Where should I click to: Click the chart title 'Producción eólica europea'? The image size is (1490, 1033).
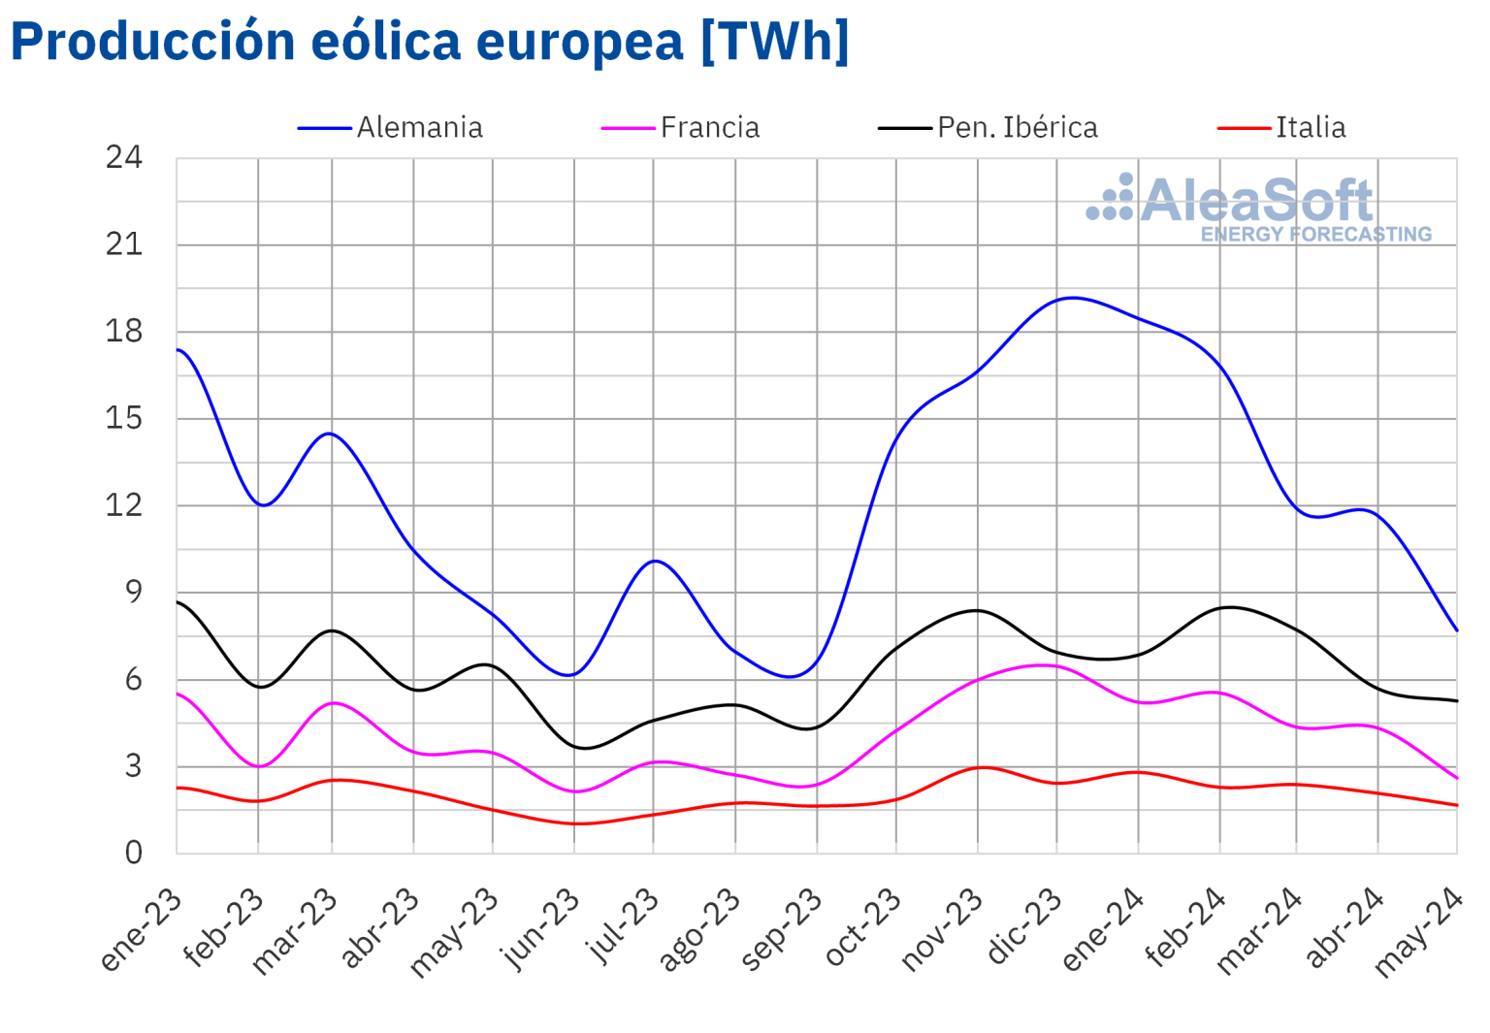[x=429, y=42]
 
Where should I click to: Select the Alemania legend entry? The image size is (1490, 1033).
[x=418, y=128]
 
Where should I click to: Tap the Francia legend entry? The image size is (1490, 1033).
[x=709, y=128]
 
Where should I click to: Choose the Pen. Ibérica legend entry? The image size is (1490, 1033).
[x=1017, y=128]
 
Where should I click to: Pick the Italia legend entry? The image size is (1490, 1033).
[x=1310, y=128]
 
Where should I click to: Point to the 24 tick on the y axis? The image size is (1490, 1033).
[x=124, y=157]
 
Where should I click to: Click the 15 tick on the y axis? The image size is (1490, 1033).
[x=124, y=418]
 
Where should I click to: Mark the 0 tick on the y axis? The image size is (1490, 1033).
[x=133, y=853]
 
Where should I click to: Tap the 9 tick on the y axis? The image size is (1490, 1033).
[x=133, y=592]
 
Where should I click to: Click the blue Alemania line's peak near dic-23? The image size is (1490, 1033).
[x=1071, y=298]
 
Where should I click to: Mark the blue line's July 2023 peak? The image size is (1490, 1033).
[x=656, y=561]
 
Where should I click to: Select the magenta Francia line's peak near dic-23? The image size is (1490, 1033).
[x=1043, y=664]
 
